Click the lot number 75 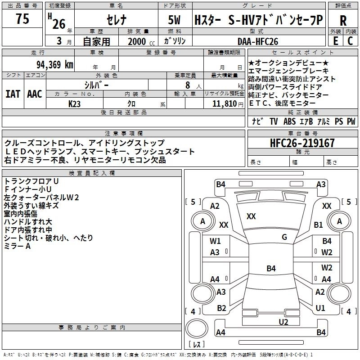[x=22, y=19]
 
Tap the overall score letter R [x=343, y=21]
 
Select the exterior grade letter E [x=335, y=41]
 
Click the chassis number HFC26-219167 [x=302, y=143]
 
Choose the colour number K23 [x=75, y=103]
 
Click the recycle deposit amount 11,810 [x=223, y=103]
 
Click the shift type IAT [x=13, y=94]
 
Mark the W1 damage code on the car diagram [x=215, y=241]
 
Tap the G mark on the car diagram [x=284, y=237]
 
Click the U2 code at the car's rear [x=283, y=321]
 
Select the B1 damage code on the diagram [x=319, y=225]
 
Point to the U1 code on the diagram [x=320, y=308]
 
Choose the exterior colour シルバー [x=96, y=84]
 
